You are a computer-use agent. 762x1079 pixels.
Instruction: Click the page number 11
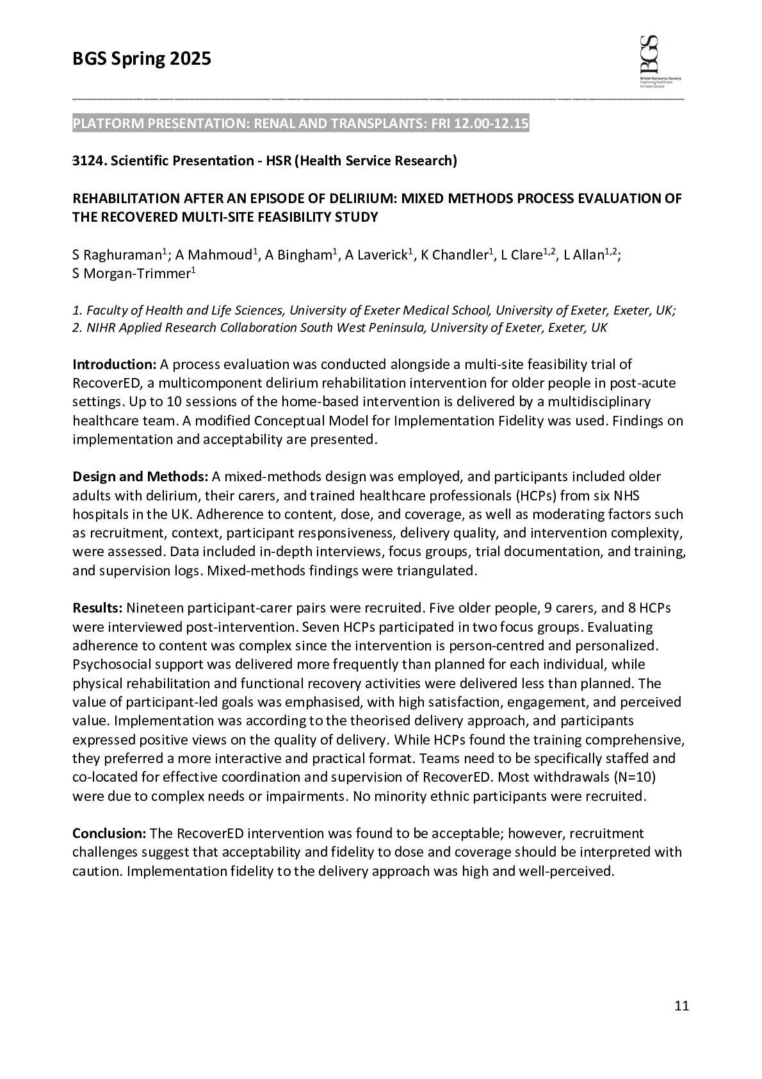click(x=681, y=1006)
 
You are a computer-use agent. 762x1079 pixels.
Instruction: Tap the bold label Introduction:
click(x=114, y=365)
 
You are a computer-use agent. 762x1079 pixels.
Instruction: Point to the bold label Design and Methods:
click(x=140, y=477)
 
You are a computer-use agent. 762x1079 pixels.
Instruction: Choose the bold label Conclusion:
click(x=109, y=834)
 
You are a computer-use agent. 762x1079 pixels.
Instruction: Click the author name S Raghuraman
click(x=118, y=255)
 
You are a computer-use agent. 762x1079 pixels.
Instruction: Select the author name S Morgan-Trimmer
click(x=132, y=274)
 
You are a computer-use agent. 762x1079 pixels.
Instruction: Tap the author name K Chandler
click(x=455, y=255)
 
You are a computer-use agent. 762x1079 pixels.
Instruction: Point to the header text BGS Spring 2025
click(x=142, y=60)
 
